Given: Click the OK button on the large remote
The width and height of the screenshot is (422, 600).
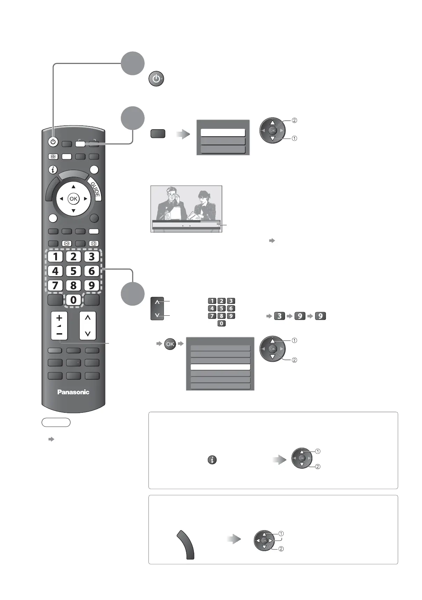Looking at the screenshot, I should [73, 199].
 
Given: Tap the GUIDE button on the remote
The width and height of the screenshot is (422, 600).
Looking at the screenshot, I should [95, 189].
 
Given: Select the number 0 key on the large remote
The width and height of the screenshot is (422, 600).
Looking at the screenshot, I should [73, 300].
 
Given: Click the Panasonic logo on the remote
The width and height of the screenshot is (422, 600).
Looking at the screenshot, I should [73, 392].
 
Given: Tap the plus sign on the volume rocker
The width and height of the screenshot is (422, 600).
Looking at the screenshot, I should [59, 318].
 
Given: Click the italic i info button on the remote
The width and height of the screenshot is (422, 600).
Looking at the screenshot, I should [53, 170].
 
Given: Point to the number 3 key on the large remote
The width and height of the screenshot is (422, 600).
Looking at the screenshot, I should [92, 256].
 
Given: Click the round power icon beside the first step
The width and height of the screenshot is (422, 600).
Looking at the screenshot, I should [156, 79].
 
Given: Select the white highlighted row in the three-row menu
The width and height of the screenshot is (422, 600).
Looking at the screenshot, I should [223, 133].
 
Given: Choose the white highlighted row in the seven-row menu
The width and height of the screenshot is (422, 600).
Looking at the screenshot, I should [220, 367].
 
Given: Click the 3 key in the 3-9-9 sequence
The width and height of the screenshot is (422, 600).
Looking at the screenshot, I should [279, 316].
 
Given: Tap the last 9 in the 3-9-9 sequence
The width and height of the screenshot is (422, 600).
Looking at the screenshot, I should [320, 316].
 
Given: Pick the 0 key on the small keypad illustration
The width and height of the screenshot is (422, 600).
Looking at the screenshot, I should [221, 323].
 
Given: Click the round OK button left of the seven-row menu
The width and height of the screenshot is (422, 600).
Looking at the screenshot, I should [170, 344].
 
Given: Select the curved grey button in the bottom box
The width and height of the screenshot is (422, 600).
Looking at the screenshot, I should [186, 544].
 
